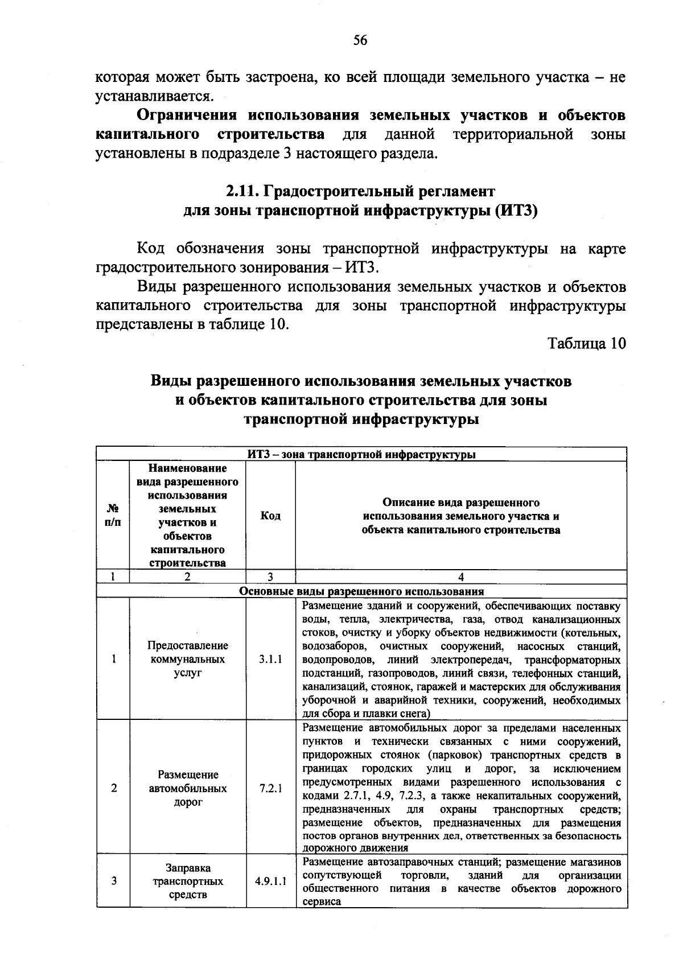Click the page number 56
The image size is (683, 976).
[360, 40]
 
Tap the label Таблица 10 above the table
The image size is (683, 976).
[586, 343]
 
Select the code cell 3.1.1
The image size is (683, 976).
[270, 659]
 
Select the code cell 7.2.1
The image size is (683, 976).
[270, 788]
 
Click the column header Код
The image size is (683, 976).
[270, 516]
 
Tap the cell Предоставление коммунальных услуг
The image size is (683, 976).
[188, 659]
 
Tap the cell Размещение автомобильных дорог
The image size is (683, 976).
[188, 788]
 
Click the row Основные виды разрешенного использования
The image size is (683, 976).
[361, 591]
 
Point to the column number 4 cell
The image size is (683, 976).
[461, 576]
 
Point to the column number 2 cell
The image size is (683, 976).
[188, 576]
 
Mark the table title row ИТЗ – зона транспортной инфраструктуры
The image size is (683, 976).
[361, 454]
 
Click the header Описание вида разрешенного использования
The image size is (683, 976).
[461, 516]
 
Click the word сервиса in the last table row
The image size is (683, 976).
[322, 901]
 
